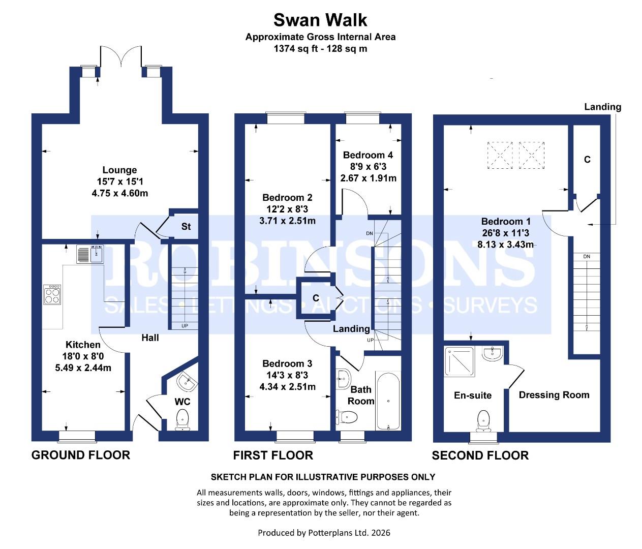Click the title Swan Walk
pyautogui.click(x=320, y=20)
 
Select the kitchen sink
pyautogui.click(x=90, y=254)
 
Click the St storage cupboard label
pyautogui.click(x=186, y=226)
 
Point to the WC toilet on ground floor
pyautogui.click(x=182, y=420)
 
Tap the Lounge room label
pyautogui.click(x=119, y=170)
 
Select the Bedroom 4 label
pyautogui.click(x=368, y=155)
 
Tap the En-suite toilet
pyautogui.click(x=483, y=420)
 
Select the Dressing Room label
pyautogui.click(x=554, y=395)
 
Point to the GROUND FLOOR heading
pyautogui.click(x=81, y=455)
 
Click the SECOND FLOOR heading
pyautogui.click(x=480, y=455)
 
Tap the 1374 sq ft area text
pyautogui.click(x=320, y=49)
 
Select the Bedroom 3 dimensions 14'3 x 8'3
pyautogui.click(x=287, y=375)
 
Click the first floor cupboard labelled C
pyautogui.click(x=316, y=298)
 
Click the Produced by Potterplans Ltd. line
pyautogui.click(x=324, y=533)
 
